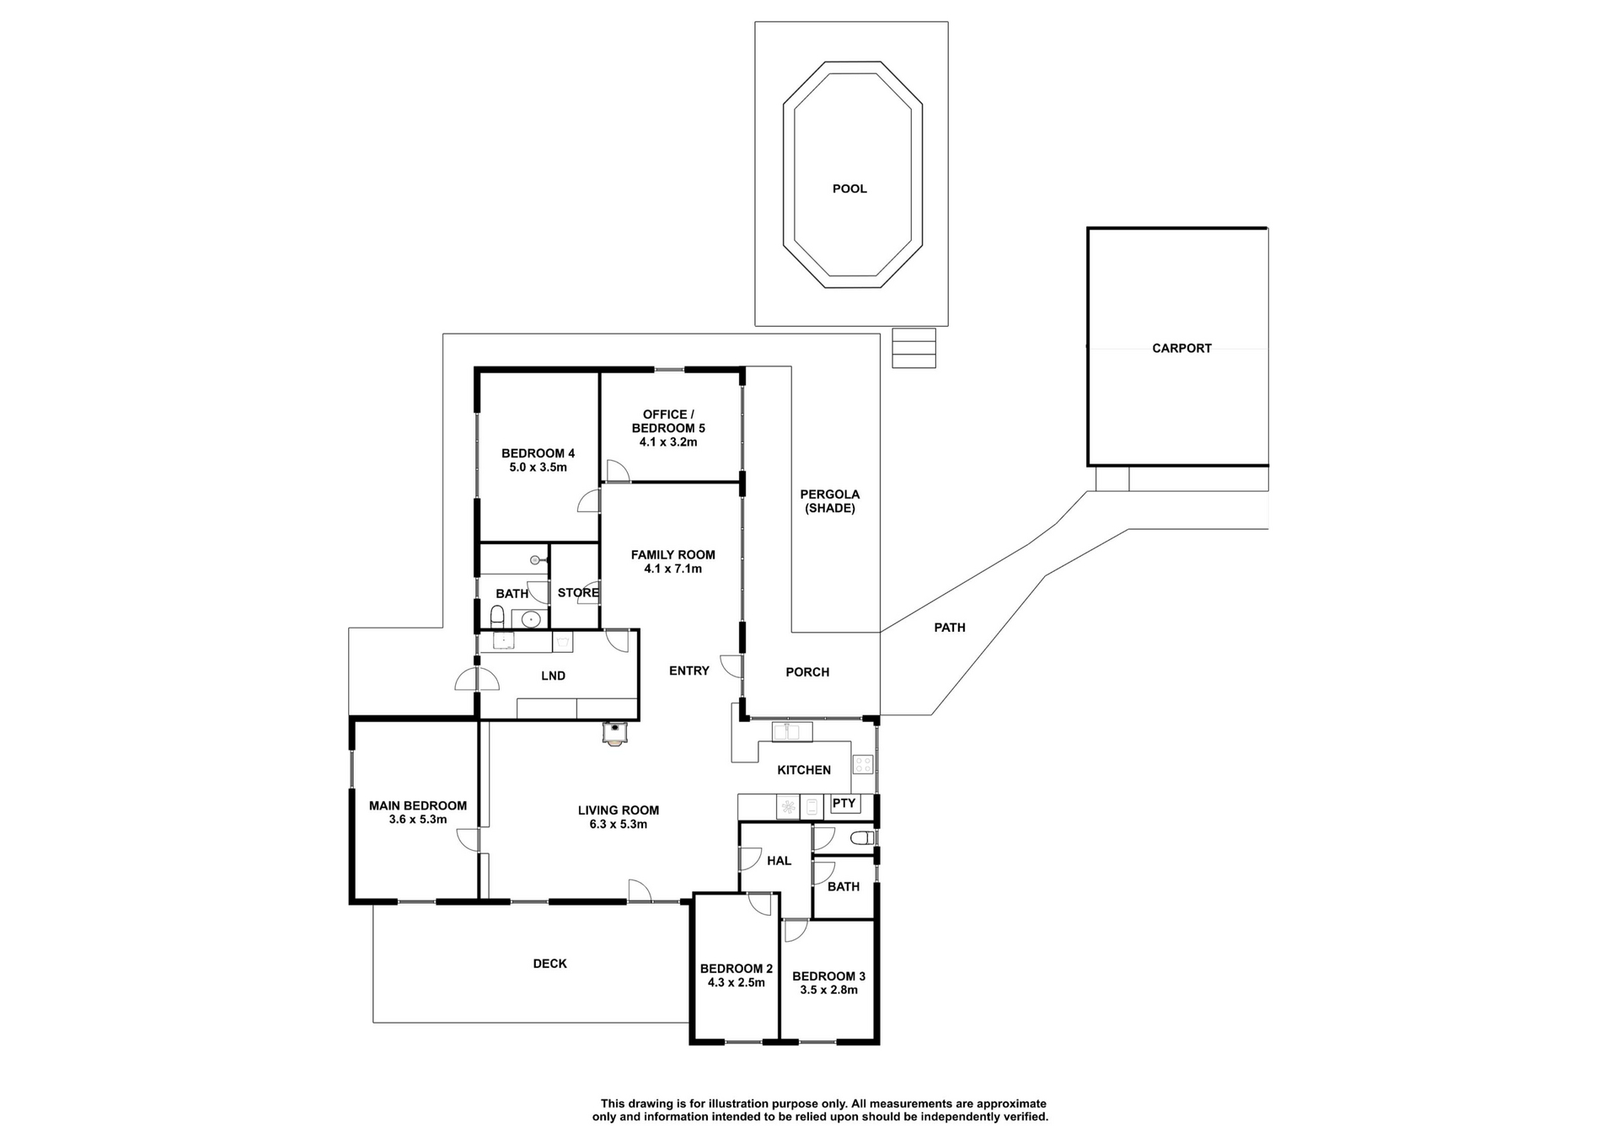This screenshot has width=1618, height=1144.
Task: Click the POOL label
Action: (849, 189)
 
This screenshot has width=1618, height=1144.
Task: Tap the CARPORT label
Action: (1181, 348)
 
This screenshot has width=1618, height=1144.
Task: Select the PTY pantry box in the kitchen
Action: (844, 804)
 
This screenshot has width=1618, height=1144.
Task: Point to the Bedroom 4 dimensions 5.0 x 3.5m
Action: (538, 468)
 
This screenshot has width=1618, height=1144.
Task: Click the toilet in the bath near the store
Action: (497, 619)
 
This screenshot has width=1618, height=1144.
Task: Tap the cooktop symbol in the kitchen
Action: (863, 764)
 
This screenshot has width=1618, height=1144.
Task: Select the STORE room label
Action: (578, 593)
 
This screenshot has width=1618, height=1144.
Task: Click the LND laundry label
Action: (553, 676)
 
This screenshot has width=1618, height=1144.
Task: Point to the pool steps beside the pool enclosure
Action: (913, 348)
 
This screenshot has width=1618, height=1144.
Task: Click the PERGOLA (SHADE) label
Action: (830, 501)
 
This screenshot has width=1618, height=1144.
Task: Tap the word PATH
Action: (950, 628)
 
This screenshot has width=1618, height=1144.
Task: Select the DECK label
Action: (549, 964)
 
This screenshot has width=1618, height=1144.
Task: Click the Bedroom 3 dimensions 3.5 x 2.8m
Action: (828, 990)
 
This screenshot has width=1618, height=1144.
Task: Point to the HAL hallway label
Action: (779, 861)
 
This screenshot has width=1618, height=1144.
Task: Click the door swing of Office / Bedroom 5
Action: (617, 472)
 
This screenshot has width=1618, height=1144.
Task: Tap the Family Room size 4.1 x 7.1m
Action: (672, 569)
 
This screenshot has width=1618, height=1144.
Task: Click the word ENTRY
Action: (688, 671)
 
